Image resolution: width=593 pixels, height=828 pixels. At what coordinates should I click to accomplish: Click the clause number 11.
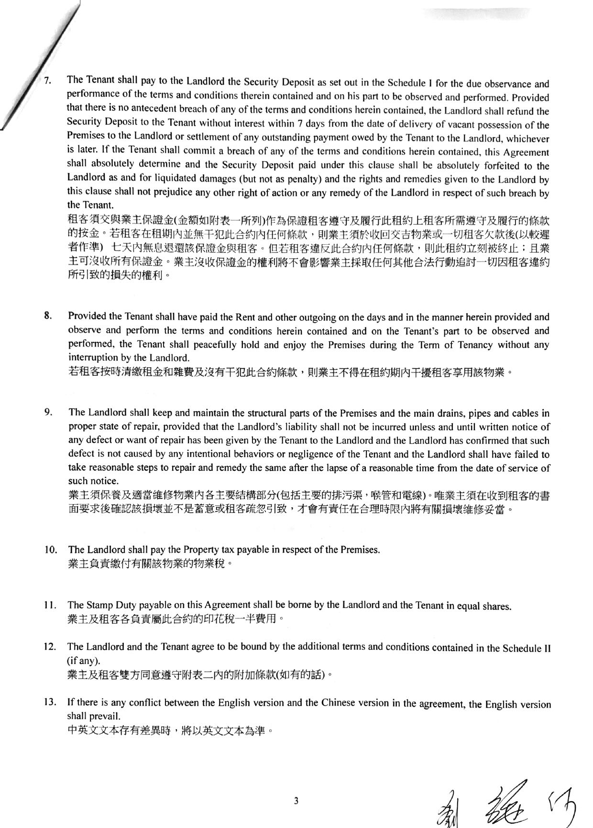(50, 605)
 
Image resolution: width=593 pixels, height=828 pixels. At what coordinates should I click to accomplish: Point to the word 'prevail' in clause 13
(101, 717)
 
